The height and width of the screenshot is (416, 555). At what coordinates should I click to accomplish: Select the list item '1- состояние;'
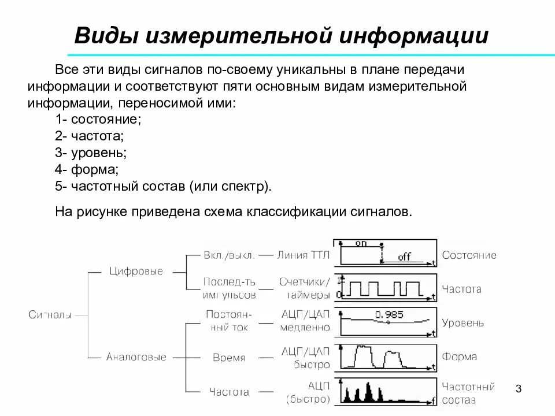pos(98,120)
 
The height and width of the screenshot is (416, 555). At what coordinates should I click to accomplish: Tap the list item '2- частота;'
pos(90,136)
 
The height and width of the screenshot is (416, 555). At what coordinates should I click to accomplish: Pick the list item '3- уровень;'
pos(91,153)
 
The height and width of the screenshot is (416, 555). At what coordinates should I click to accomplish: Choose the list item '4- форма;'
pos(87,170)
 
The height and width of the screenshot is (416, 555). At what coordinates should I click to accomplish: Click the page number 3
pos(518,389)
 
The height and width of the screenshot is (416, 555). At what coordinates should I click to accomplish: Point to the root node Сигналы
pos(50,315)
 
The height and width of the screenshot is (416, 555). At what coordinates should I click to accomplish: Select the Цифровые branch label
pos(136,272)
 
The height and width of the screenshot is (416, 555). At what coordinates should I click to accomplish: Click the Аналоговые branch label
pos(136,357)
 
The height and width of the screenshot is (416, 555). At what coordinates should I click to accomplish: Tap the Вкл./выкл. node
pos(229,255)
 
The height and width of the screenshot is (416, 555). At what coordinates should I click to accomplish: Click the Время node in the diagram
pos(229,358)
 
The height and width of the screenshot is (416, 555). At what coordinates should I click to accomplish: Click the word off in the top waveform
pos(404,257)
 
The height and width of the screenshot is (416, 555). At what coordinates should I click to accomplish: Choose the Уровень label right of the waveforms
pos(463,323)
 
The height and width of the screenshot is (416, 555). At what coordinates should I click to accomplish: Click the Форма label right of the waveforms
pos(460,356)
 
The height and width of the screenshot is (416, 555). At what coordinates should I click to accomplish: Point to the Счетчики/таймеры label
pos(305,288)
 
